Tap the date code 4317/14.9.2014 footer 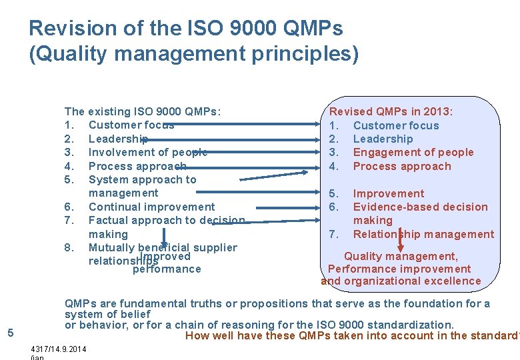tap(59, 349)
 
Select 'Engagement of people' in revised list tap(413, 152)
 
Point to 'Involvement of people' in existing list tap(147, 152)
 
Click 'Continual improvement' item tap(151, 207)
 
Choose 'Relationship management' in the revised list tap(423, 234)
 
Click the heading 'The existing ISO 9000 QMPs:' tap(143, 111)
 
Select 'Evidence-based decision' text tap(420, 207)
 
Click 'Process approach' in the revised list tap(401, 166)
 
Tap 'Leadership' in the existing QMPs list tap(118, 139)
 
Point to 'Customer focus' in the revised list tap(396, 125)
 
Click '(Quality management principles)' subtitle tap(193, 53)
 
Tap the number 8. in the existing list tap(69, 247)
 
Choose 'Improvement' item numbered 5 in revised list tap(388, 193)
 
